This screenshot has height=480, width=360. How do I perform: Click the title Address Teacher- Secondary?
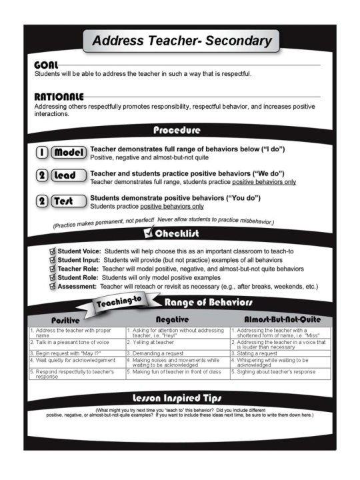(181, 41)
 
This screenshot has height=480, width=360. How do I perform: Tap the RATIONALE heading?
(59, 96)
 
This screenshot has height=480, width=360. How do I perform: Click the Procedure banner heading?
(177, 129)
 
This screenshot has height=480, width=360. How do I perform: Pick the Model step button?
(69, 152)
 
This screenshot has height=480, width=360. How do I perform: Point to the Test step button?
(69, 201)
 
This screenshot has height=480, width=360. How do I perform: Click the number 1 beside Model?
(42, 152)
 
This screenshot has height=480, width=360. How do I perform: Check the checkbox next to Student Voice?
(53, 251)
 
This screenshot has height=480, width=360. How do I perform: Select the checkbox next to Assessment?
(53, 285)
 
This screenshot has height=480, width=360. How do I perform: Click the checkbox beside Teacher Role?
(53, 268)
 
